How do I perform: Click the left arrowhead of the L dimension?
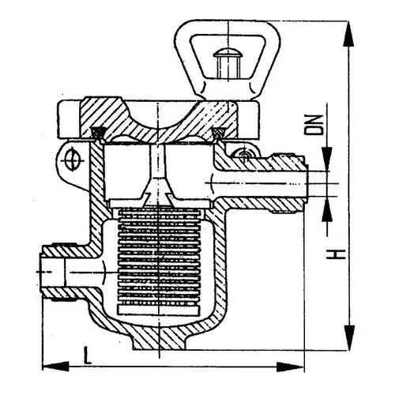[46, 365]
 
